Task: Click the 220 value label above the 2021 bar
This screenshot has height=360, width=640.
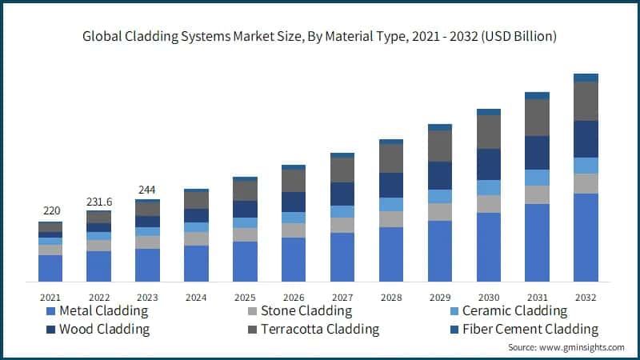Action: [51, 211]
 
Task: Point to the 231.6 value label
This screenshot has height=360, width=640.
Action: [99, 201]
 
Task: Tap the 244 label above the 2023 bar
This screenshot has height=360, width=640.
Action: [147, 190]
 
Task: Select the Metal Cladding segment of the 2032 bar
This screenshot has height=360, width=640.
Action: [586, 238]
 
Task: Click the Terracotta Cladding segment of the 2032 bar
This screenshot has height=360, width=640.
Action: [586, 101]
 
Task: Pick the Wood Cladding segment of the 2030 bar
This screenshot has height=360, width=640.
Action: [489, 164]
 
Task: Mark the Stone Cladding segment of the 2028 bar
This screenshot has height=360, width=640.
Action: [391, 219]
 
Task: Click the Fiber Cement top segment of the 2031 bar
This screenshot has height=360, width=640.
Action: [538, 95]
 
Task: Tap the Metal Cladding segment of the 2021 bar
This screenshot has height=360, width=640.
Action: [50, 268]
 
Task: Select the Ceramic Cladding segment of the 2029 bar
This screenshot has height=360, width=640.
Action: [440, 196]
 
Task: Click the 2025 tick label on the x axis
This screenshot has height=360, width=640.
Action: [245, 297]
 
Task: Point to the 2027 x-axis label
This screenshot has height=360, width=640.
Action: [342, 297]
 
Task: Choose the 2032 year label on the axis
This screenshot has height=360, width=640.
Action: [586, 297]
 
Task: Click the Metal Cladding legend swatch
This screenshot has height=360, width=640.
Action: [52, 311]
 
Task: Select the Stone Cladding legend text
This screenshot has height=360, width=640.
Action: [307, 311]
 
